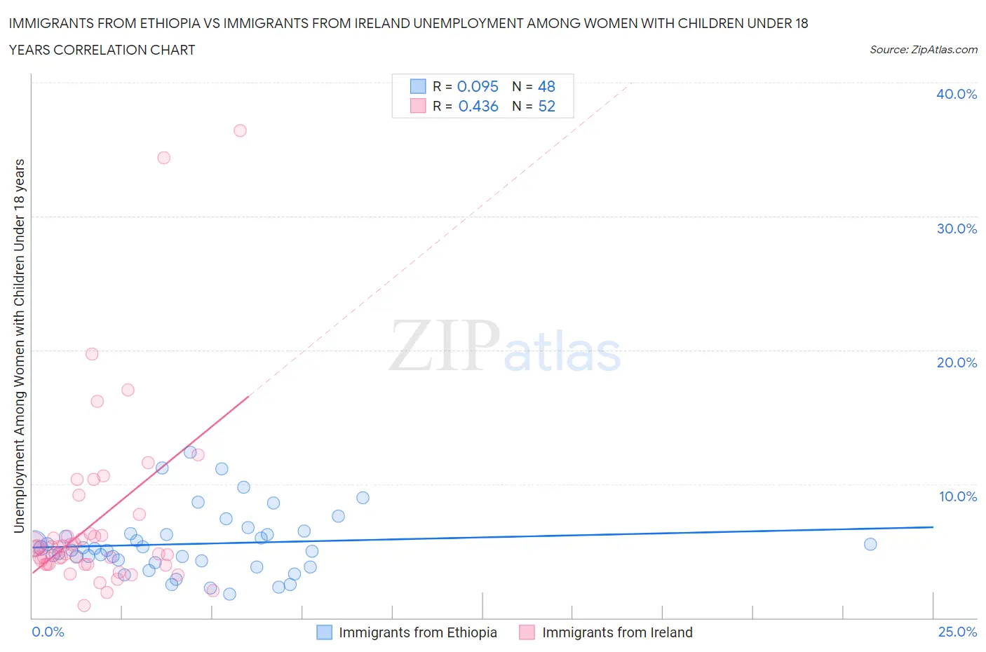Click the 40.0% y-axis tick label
tap(957, 94)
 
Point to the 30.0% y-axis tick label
tap(957, 229)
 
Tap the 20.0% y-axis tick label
tap(957, 362)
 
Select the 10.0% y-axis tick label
tap(957, 496)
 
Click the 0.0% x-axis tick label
tap(48, 632)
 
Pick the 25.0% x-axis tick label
tap(957, 632)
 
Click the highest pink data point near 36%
tap(240, 130)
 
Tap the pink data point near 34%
tap(163, 158)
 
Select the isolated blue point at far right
tap(870, 544)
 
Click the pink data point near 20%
tap(92, 354)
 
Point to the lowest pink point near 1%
tap(84, 606)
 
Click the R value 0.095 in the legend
tap(478, 86)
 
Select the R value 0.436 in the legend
tap(478, 106)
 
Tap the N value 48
tap(546, 86)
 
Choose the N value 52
tap(546, 106)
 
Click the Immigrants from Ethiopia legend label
tap(417, 632)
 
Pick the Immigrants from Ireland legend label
tap(617, 632)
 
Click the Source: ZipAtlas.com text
tap(923, 49)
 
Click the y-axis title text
tap(19, 346)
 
